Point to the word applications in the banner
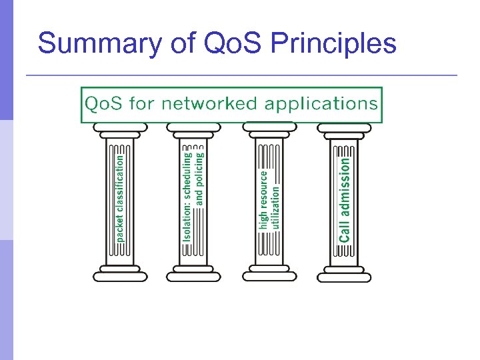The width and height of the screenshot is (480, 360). pos(321,105)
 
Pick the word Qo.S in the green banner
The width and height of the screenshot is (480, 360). pos(104,104)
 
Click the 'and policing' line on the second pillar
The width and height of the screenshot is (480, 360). pos(200,177)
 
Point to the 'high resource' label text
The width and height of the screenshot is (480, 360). pos(264,199)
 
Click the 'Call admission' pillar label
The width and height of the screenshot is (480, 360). pos(344,199)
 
